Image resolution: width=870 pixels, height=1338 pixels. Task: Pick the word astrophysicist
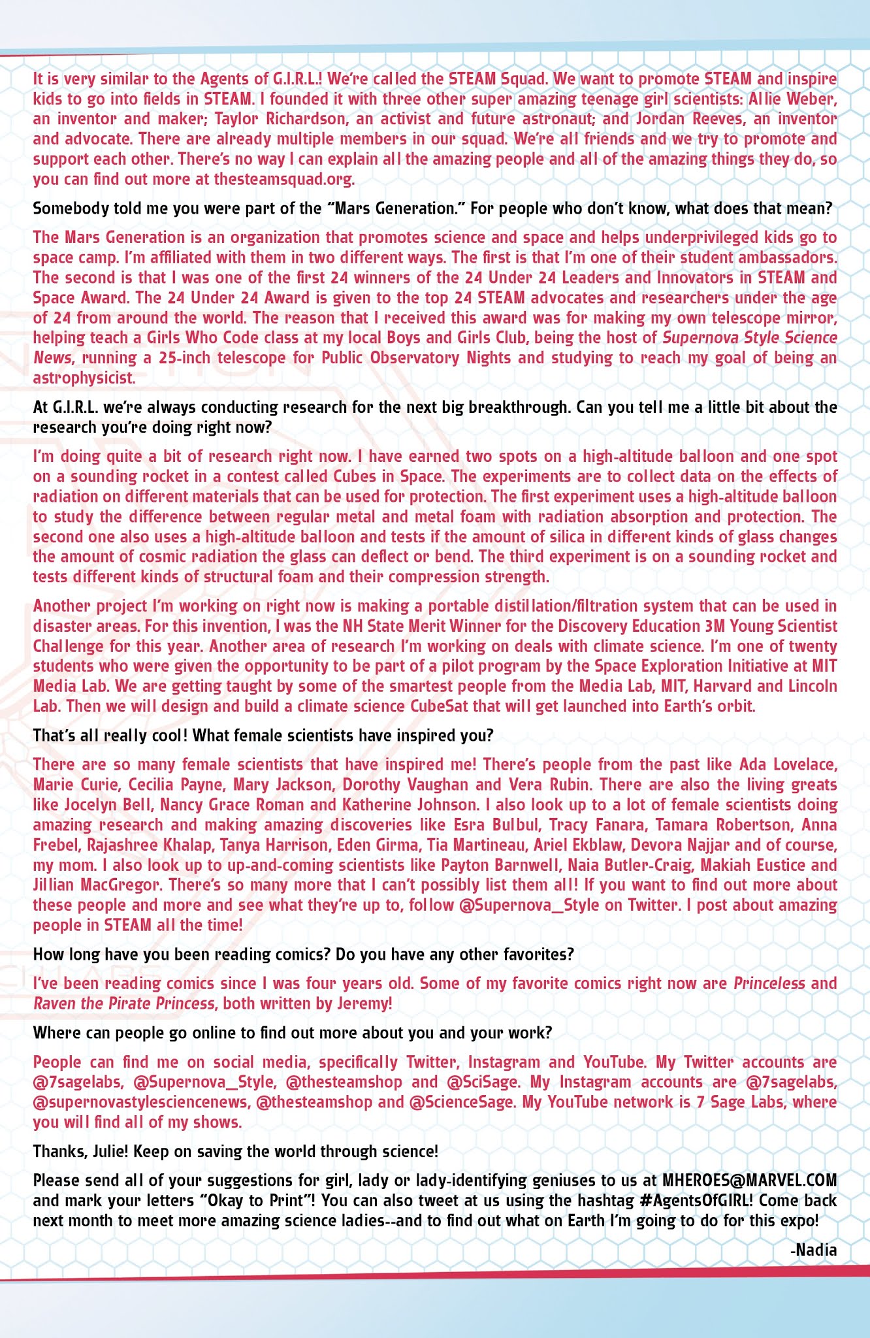84,378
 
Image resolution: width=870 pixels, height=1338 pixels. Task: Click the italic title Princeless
769,983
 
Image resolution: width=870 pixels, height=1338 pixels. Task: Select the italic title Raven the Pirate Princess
124,1003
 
